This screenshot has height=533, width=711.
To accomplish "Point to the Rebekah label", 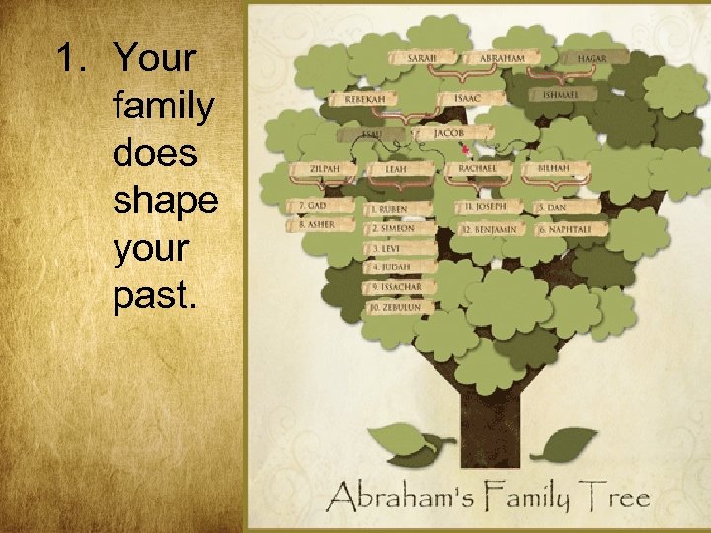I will [x=364, y=98].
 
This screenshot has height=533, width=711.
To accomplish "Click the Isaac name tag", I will [x=467, y=98].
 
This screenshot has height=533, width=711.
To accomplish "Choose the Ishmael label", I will [x=567, y=95].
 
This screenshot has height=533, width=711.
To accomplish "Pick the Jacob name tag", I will [x=448, y=132].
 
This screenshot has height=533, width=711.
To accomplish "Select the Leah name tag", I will [x=396, y=170].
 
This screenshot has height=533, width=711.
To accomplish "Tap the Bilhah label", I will [x=553, y=169].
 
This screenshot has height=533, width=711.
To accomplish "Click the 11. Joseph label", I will [x=486, y=207].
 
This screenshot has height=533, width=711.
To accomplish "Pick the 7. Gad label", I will [x=316, y=205].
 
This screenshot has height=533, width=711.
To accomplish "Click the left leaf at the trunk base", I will [x=399, y=441].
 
